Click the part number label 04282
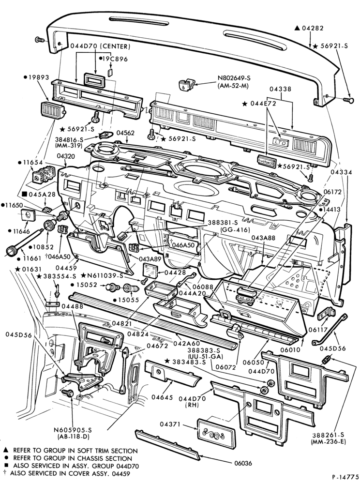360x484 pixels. pyautogui.click(x=313, y=28)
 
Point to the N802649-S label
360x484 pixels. pyautogui.click(x=233, y=78)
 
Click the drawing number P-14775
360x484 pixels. pyautogui.click(x=345, y=477)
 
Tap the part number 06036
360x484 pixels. pyautogui.click(x=243, y=463)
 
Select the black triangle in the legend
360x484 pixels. pyautogui.click(x=5, y=451)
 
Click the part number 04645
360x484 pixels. pyautogui.click(x=162, y=397)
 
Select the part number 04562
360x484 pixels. pyautogui.click(x=125, y=133)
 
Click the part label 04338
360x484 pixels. pyautogui.click(x=280, y=89)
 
